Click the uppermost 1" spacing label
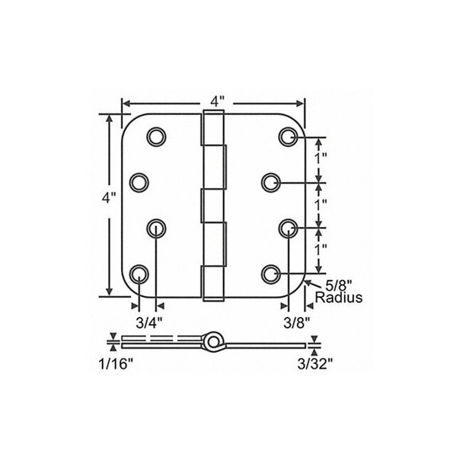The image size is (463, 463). [322, 158]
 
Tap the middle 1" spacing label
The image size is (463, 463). [322, 203]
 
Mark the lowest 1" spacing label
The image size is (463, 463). [322, 249]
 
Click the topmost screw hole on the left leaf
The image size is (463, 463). [157, 136]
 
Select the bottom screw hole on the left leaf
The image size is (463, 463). [139, 273]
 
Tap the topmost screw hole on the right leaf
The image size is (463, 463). [288, 136]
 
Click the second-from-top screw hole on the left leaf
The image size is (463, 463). [139, 181]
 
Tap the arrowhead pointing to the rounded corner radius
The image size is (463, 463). [308, 283]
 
